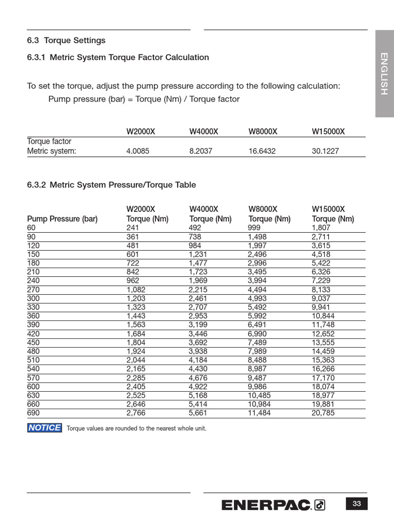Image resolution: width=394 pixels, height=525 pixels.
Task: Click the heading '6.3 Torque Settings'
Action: pos(66,41)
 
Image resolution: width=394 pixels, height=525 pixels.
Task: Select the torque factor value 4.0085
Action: pos(138,151)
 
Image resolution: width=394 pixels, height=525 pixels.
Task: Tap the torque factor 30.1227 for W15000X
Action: pos(325,151)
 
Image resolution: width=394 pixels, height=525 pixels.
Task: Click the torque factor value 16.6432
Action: pos(264,151)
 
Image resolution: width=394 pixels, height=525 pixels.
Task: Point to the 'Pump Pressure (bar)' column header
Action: pos(62,219)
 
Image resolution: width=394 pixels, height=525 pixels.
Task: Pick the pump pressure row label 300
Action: pos(33,298)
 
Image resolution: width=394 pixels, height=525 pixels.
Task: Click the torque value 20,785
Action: pos(323,413)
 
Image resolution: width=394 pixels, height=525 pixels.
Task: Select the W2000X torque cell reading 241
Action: pos(132,228)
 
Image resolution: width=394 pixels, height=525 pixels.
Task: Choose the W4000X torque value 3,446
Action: pos(198,334)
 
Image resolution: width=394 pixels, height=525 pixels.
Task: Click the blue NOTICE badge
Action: pos(45,428)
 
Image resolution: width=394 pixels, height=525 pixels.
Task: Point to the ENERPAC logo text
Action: pos(266,505)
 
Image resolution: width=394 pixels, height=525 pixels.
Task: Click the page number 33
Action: pos(357,504)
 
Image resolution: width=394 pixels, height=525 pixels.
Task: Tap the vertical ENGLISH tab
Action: pos(384,73)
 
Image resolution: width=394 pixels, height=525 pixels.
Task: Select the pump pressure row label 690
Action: pos(33,413)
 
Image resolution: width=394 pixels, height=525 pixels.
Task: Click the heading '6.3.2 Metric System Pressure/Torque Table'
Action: pos(111,185)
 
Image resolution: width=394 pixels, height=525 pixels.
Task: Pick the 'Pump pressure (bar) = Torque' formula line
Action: pos(144,99)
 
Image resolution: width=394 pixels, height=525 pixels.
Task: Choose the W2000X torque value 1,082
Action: pos(136,290)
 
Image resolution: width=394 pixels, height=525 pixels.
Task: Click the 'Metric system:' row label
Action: pos(51,151)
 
